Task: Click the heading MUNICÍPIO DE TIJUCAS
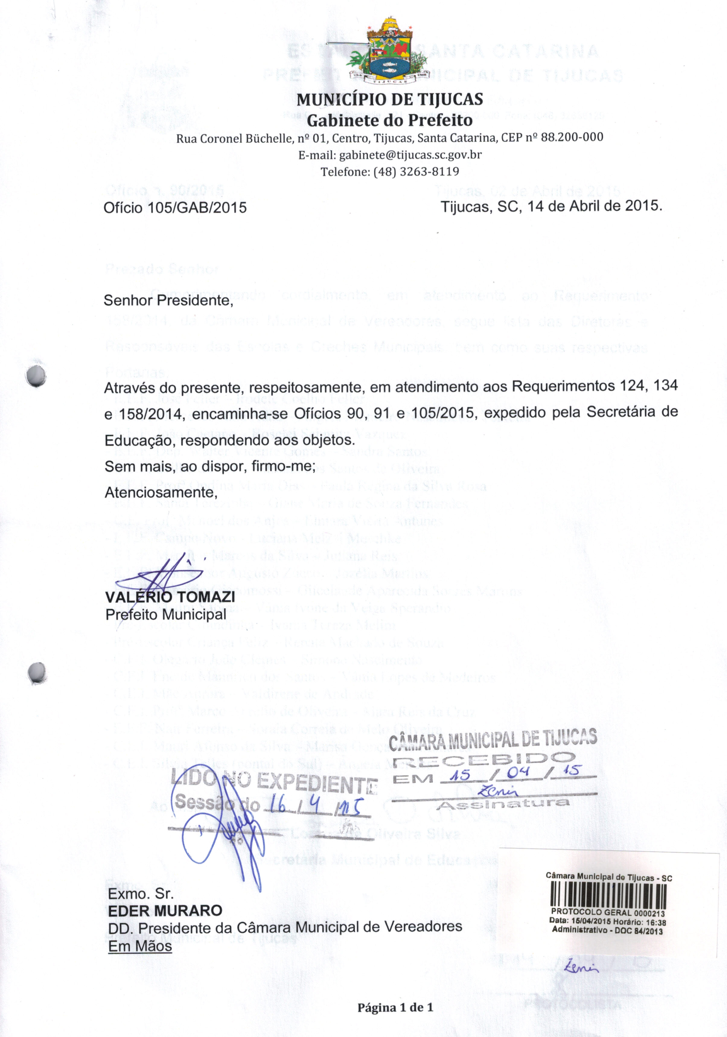pyautogui.click(x=390, y=99)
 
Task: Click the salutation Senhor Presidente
pyautogui.click(x=168, y=300)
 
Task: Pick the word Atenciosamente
pyautogui.click(x=161, y=492)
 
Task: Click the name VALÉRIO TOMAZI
pyautogui.click(x=170, y=597)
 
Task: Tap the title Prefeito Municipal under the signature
pyautogui.click(x=165, y=615)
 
